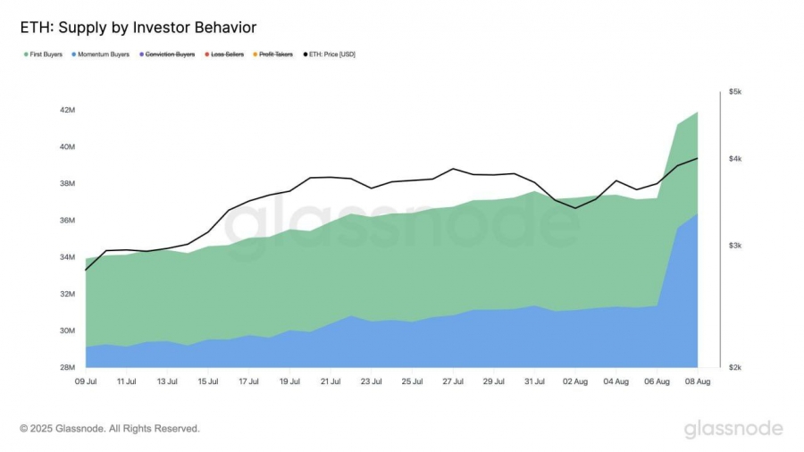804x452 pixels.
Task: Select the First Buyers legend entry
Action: click(x=46, y=54)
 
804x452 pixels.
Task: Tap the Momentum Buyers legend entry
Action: click(x=104, y=54)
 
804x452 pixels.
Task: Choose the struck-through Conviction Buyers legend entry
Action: click(x=170, y=54)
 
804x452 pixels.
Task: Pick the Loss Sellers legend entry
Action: click(x=226, y=54)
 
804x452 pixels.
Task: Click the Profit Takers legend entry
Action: click(x=276, y=54)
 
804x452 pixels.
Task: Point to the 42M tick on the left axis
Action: click(x=68, y=110)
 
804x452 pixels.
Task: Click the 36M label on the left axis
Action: click(x=68, y=221)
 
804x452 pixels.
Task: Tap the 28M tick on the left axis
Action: click(x=68, y=367)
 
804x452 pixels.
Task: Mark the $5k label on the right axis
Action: click(x=735, y=91)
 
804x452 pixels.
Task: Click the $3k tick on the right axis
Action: click(x=735, y=246)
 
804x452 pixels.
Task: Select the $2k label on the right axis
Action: click(x=735, y=367)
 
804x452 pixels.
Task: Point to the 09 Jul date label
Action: click(x=86, y=381)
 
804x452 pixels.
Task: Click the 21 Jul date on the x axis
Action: click(x=331, y=381)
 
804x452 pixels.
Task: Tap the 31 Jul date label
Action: click(x=534, y=381)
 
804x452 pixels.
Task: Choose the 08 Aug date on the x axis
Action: click(x=697, y=381)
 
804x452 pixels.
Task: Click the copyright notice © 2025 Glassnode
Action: click(x=110, y=429)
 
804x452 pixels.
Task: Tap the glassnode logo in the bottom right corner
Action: click(x=733, y=429)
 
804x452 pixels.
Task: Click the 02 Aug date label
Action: click(x=575, y=381)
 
